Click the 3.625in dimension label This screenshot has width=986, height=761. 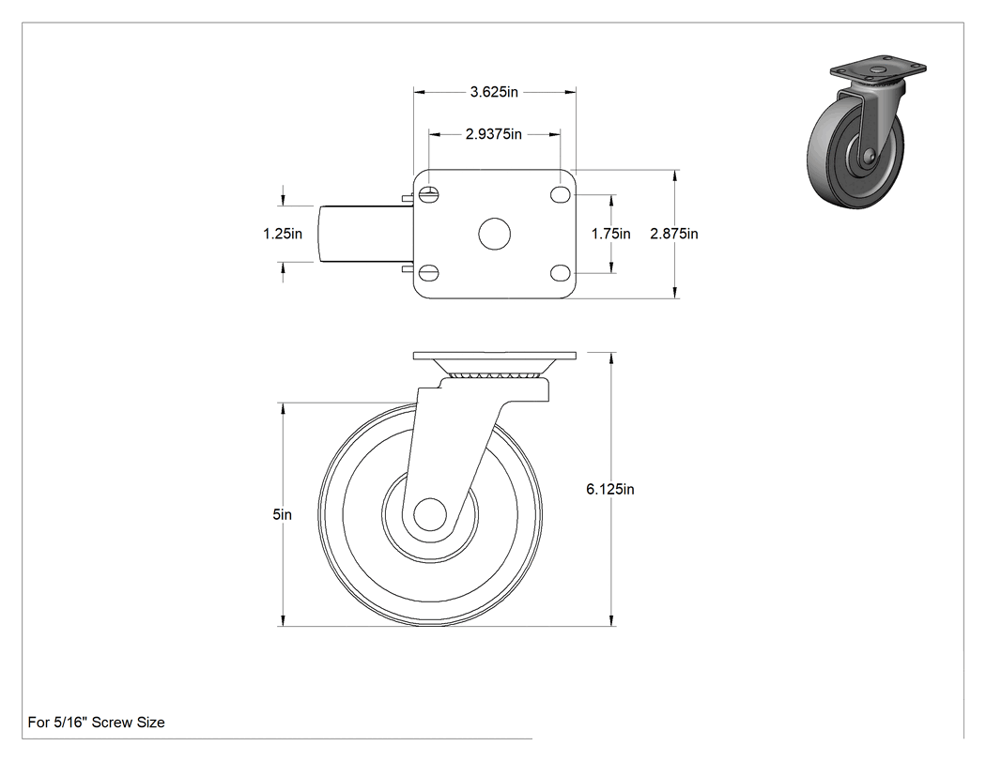coord(494,92)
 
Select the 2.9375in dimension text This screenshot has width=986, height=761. coord(494,134)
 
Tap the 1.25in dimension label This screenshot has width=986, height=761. coord(283,234)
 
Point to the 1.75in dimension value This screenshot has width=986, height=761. coord(610,234)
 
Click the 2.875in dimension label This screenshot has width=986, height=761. coord(674,234)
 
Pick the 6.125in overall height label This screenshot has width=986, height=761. coord(610,489)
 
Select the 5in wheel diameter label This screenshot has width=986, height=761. coord(283,514)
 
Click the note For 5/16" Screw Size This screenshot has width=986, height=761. coord(96,723)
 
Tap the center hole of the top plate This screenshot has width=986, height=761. coord(494,234)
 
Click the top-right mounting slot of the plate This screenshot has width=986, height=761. coord(561,195)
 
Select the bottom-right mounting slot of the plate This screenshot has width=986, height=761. coord(561,273)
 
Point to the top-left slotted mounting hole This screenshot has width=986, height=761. coord(429,195)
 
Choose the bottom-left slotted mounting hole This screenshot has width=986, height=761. coord(429,273)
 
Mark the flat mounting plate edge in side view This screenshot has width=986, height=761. coord(494,356)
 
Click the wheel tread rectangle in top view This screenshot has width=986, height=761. coord(366,234)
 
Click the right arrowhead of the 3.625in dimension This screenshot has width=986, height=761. coord(570,92)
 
